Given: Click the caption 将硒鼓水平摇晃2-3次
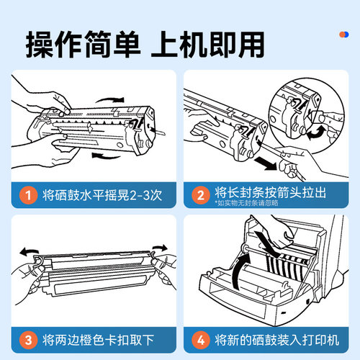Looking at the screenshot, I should coord(99,194).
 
